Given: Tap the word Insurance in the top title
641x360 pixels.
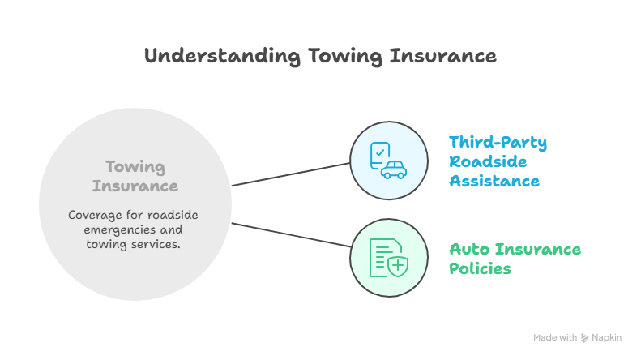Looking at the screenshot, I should [442, 56].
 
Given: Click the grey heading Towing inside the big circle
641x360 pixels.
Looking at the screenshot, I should [135, 167].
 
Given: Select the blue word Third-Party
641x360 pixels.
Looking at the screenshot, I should [498, 144].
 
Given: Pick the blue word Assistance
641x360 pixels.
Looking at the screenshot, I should [494, 181].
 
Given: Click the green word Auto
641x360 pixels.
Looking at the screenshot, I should [468, 249].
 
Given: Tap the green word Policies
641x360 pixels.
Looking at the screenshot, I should [480, 268].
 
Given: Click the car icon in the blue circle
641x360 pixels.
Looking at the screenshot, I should [394, 169].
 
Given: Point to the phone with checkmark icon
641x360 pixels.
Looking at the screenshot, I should [378, 153].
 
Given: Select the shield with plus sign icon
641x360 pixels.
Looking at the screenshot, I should [397, 265].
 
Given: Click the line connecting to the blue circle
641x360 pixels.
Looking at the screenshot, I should [291, 174].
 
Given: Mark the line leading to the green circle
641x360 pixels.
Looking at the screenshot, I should [291, 238].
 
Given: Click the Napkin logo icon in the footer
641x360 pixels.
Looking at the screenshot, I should [585, 337].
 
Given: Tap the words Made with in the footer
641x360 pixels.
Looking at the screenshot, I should [555, 337].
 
